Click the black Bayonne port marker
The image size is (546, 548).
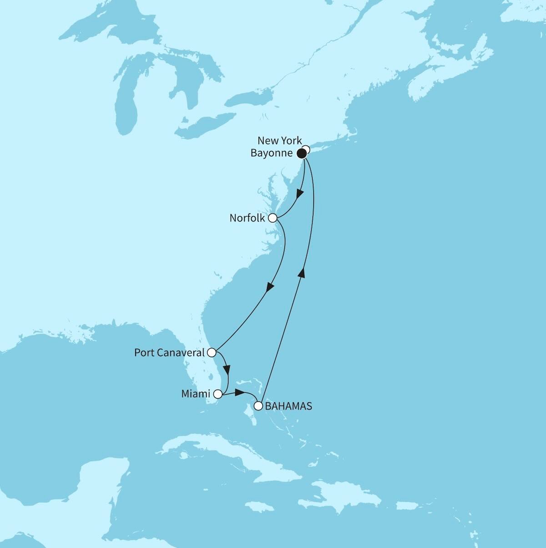[301, 154]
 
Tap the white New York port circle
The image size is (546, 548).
[306, 149]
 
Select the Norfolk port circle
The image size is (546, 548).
[273, 218]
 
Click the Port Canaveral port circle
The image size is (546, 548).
[211, 352]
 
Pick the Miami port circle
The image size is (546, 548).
[218, 394]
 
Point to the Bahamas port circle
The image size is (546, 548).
[258, 406]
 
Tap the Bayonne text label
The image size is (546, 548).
[272, 153]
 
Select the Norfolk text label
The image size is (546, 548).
[247, 218]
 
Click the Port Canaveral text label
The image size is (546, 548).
[170, 352]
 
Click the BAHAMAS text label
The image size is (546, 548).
[288, 406]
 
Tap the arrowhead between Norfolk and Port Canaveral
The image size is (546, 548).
[270, 287]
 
